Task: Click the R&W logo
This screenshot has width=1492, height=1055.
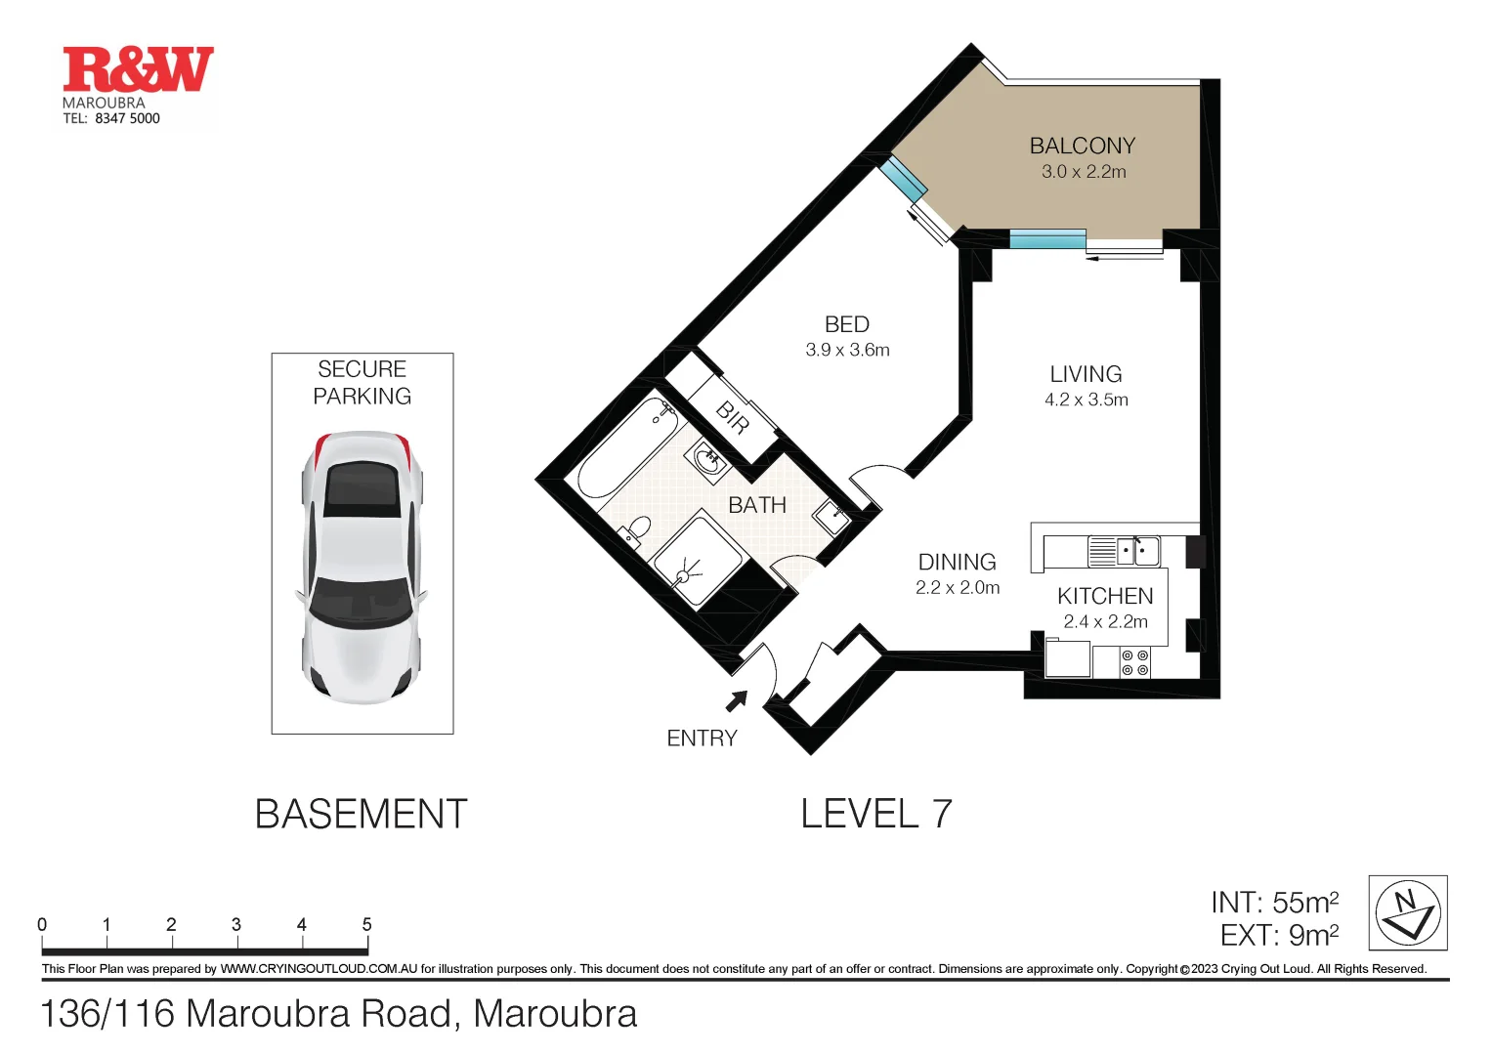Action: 138,69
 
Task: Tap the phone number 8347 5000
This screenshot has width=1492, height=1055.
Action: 127,118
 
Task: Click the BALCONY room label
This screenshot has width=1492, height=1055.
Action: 1082,146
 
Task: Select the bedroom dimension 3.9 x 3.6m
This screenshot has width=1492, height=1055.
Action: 847,350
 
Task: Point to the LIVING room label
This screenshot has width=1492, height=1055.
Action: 1086,374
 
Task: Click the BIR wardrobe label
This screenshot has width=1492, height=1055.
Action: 733,417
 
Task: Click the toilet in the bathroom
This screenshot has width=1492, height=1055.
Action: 635,530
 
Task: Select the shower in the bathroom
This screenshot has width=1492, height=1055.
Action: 696,562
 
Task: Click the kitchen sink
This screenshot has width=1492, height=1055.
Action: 1137,551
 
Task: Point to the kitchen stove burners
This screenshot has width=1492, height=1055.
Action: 1134,663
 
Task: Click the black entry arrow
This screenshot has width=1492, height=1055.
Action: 736,700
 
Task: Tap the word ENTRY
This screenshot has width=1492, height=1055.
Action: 702,738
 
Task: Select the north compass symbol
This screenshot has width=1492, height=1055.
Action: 1407,912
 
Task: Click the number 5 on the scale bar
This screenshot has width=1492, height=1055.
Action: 366,924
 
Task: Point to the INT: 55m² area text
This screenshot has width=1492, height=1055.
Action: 1274,902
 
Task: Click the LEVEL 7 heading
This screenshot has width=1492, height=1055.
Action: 875,814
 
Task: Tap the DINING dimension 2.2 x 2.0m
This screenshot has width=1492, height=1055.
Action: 958,588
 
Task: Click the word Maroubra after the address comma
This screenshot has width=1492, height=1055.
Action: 555,1014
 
